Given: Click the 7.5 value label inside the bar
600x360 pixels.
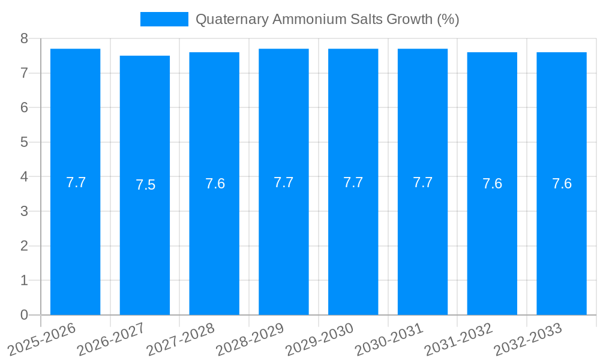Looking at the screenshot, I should click(145, 185).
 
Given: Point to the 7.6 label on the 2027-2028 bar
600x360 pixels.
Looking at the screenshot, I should click(215, 184).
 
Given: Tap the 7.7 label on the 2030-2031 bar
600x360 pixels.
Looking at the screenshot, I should click(422, 182).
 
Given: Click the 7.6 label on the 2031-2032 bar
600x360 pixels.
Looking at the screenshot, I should click(492, 184).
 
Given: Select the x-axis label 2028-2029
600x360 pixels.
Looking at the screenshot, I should click(250, 340).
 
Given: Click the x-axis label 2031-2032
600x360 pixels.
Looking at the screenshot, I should click(459, 340).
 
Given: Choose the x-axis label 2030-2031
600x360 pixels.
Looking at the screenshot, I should click(389, 340).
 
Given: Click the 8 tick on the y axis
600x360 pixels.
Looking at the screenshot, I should click(24, 38).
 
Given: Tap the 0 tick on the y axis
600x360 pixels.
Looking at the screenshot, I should click(24, 315).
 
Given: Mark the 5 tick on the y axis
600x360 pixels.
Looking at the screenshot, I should click(24, 142).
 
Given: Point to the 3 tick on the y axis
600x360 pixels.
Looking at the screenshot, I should click(24, 211).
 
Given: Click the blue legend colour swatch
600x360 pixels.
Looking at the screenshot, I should click(164, 19).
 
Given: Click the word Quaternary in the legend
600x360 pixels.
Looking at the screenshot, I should click(232, 19).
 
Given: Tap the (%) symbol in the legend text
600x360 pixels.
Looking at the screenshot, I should click(448, 19).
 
